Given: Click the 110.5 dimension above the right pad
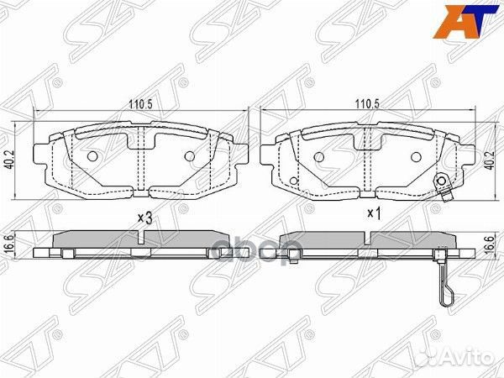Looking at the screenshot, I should point(362,103).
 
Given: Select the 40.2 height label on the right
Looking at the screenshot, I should point(490,158).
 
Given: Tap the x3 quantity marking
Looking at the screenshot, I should point(144,218).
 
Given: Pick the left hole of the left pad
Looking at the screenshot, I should point(92,157).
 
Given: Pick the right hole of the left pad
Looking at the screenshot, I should point(190,157).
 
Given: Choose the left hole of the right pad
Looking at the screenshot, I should point(318,157).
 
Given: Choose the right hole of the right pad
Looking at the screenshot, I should point(417,157).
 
